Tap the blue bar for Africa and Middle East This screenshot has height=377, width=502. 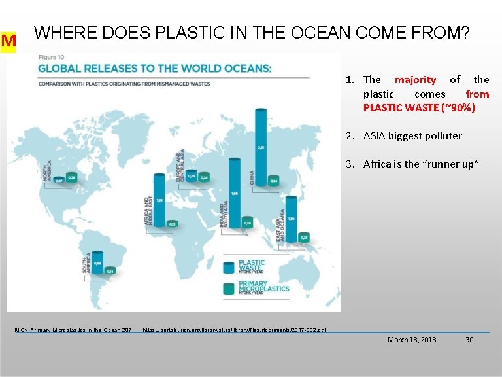[x=159, y=200]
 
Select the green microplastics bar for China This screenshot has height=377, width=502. [x=275, y=180]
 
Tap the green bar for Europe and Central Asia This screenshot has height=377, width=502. [x=205, y=177]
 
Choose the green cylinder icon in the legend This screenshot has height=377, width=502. [x=229, y=287]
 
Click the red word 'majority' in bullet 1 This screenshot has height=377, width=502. [x=415, y=80]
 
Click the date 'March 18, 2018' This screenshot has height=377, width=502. [x=412, y=340]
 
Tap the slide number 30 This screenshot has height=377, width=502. [x=469, y=340]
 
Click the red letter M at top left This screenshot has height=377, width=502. [x=8, y=42]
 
